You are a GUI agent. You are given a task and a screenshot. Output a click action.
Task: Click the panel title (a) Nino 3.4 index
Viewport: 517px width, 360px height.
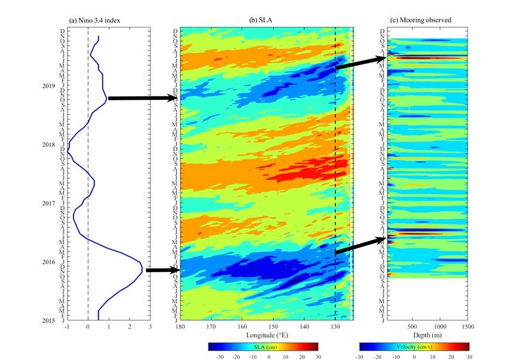[x=95, y=20]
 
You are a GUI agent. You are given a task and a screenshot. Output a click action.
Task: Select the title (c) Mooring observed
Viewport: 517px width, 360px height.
[x=420, y=20]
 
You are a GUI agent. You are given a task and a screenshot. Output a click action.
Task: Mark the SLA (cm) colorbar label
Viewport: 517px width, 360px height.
[x=267, y=346]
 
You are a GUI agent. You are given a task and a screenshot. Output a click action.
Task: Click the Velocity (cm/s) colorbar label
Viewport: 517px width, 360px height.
[x=414, y=346]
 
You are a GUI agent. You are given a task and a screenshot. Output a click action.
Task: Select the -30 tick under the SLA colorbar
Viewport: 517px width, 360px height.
[x=210, y=356]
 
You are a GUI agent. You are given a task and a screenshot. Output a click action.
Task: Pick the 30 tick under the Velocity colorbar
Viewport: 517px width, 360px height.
[x=469, y=356]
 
